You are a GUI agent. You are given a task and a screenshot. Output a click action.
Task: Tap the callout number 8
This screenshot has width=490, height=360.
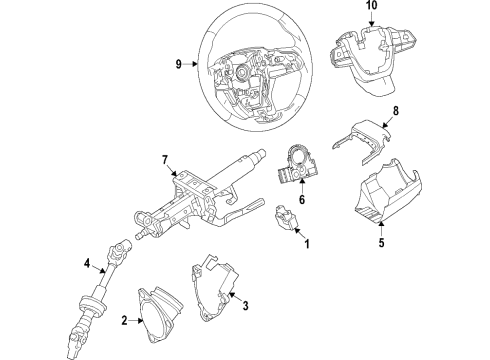tap(396, 112)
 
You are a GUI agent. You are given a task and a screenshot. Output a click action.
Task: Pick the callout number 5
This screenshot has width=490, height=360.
tap(381, 240)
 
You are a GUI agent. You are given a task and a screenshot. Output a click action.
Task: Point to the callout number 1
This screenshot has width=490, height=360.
tap(308, 244)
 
